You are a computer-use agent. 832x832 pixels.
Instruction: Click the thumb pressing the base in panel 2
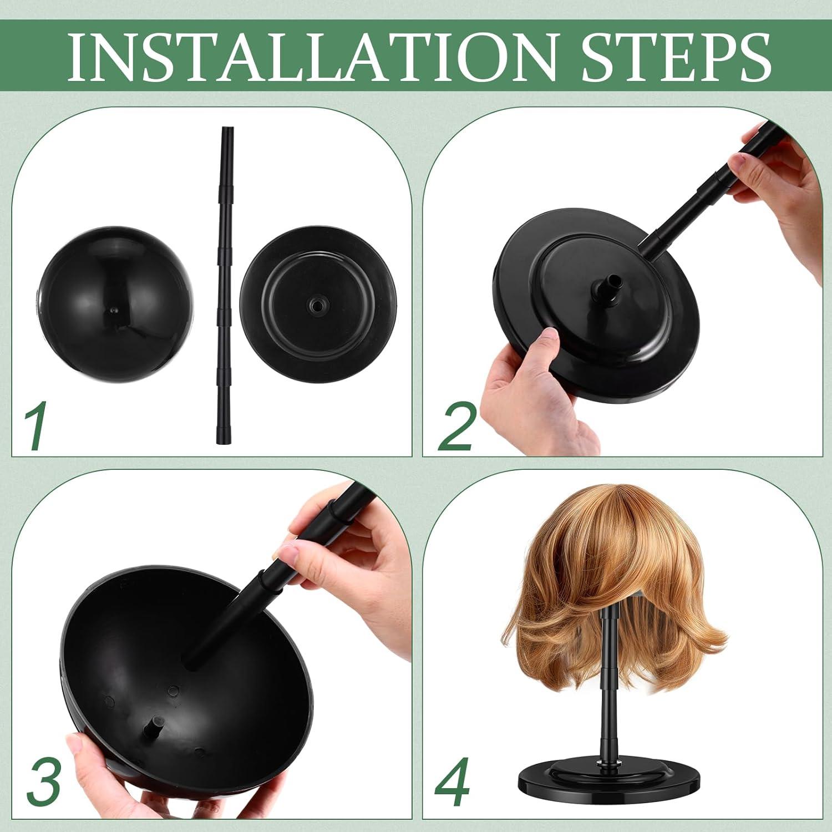pyautogui.click(x=546, y=344)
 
